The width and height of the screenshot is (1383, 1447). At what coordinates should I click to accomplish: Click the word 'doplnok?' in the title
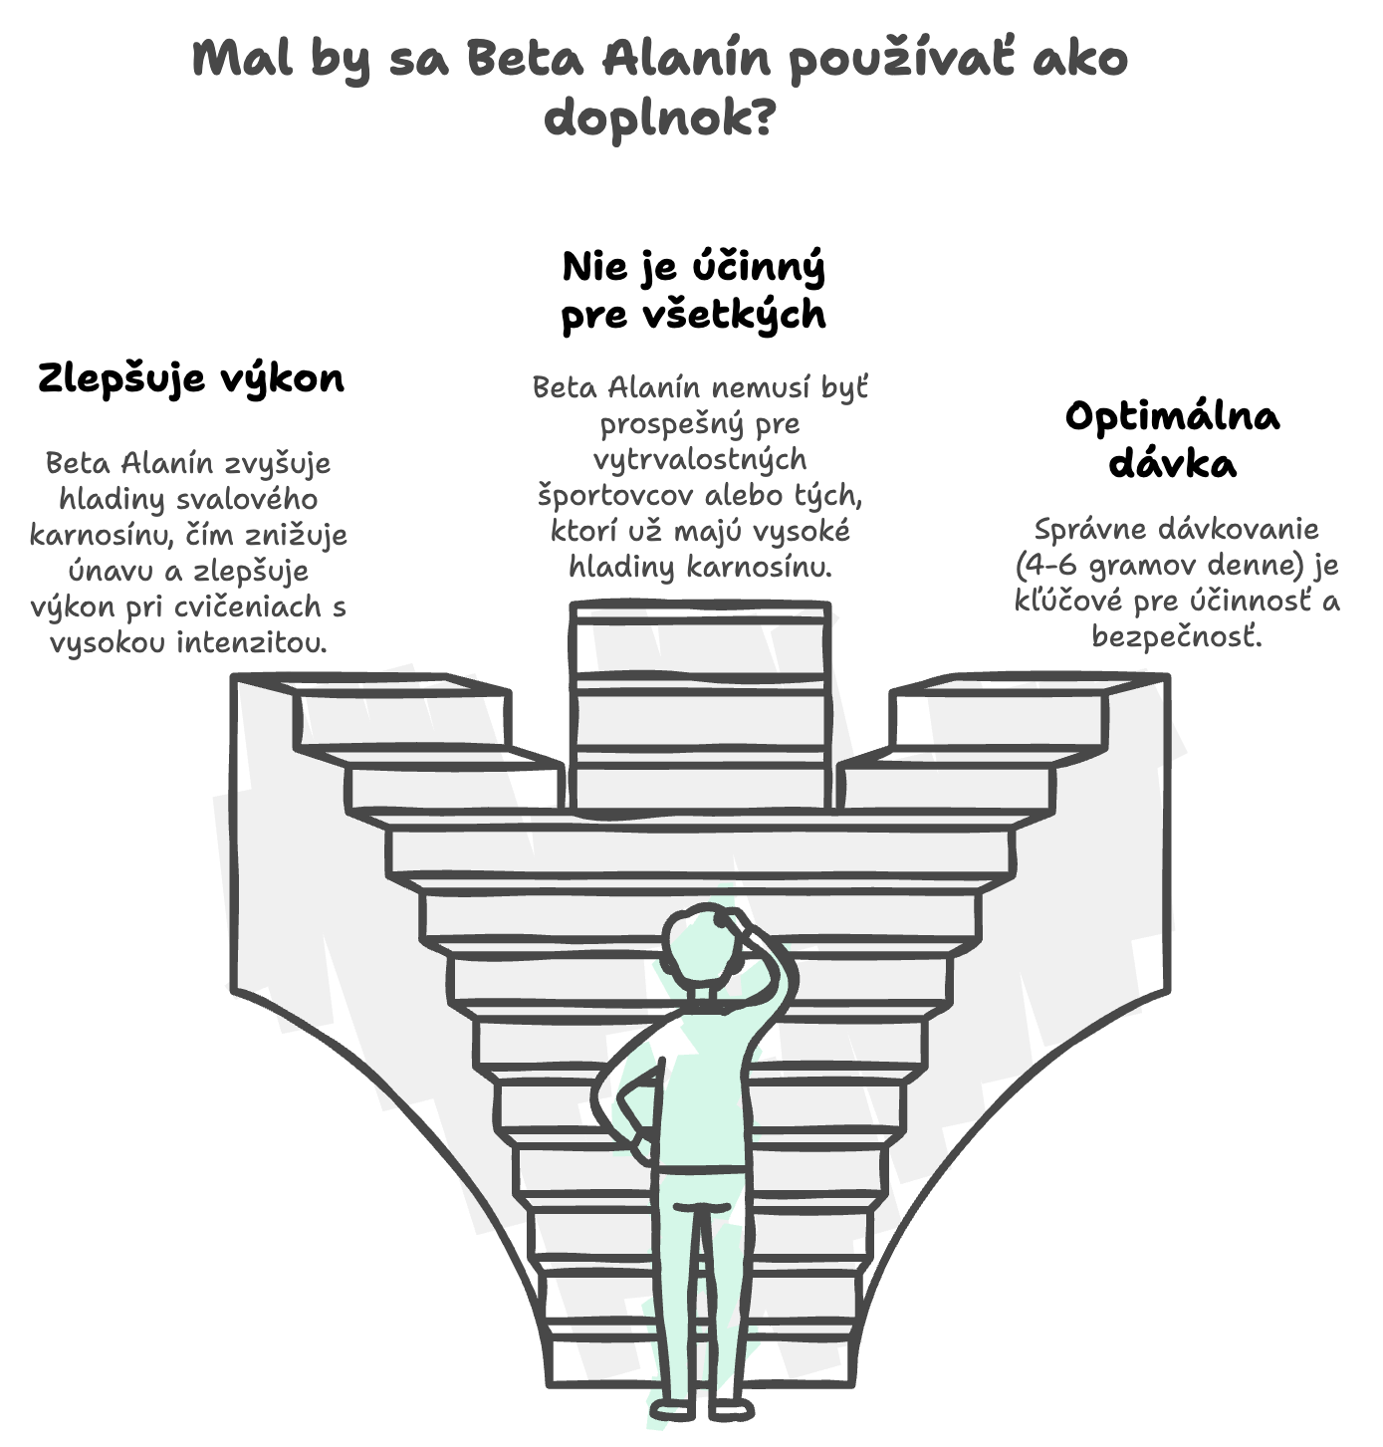[x=660, y=119]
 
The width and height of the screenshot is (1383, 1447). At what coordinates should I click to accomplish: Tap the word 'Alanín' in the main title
[x=686, y=58]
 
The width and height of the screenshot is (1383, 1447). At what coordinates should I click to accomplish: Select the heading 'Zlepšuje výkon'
[x=191, y=378]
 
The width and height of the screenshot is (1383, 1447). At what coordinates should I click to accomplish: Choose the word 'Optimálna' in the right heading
[x=1173, y=417]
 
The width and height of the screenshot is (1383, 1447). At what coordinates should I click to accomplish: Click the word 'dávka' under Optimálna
[x=1173, y=463]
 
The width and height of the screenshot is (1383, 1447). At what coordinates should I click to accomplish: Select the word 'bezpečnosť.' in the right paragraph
[x=1177, y=636]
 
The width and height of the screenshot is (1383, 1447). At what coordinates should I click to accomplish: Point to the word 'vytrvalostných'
[x=700, y=459]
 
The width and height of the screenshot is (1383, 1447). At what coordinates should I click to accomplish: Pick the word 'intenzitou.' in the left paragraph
[x=252, y=641]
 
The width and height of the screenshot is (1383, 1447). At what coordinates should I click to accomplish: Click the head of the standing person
[x=699, y=949]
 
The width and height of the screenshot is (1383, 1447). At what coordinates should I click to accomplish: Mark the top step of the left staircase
[x=371, y=684]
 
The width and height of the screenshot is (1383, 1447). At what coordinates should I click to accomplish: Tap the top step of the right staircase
[x=1030, y=684]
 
